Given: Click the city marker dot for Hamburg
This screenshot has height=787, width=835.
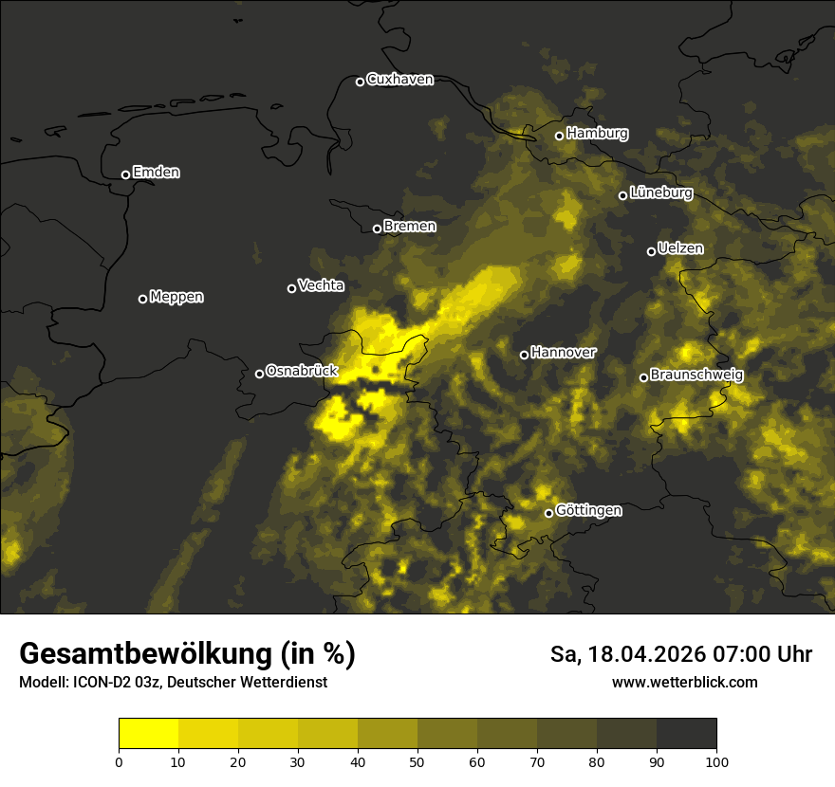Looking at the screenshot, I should pyautogui.click(x=560, y=136).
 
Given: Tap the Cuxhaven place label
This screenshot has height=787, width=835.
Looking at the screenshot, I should pyautogui.click(x=399, y=80).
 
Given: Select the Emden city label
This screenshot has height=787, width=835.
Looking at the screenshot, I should pyautogui.click(x=156, y=173).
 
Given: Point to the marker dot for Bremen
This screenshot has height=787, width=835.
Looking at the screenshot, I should pyautogui.click(x=377, y=229).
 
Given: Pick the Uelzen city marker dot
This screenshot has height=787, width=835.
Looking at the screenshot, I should pyautogui.click(x=651, y=251).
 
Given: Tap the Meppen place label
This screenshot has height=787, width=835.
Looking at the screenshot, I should pyautogui.click(x=176, y=298).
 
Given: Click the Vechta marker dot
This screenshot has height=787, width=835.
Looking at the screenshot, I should pyautogui.click(x=291, y=288).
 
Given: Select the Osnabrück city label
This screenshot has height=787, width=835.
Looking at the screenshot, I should pyautogui.click(x=302, y=372).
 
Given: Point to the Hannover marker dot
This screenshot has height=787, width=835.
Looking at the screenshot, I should pyautogui.click(x=524, y=355).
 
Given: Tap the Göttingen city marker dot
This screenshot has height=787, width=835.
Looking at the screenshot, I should pyautogui.click(x=548, y=513).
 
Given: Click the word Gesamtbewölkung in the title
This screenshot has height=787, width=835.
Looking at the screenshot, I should pyautogui.click(x=143, y=654).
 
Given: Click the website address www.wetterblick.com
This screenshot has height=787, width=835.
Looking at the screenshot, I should pyautogui.click(x=684, y=683).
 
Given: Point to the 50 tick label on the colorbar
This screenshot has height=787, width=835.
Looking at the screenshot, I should pyautogui.click(x=417, y=761).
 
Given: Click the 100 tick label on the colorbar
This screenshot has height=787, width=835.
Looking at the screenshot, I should pyautogui.click(x=716, y=761).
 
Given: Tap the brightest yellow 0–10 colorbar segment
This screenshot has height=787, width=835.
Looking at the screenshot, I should pyautogui.click(x=149, y=734).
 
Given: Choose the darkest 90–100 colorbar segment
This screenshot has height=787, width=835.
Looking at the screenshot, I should pyautogui.click(x=686, y=734).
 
